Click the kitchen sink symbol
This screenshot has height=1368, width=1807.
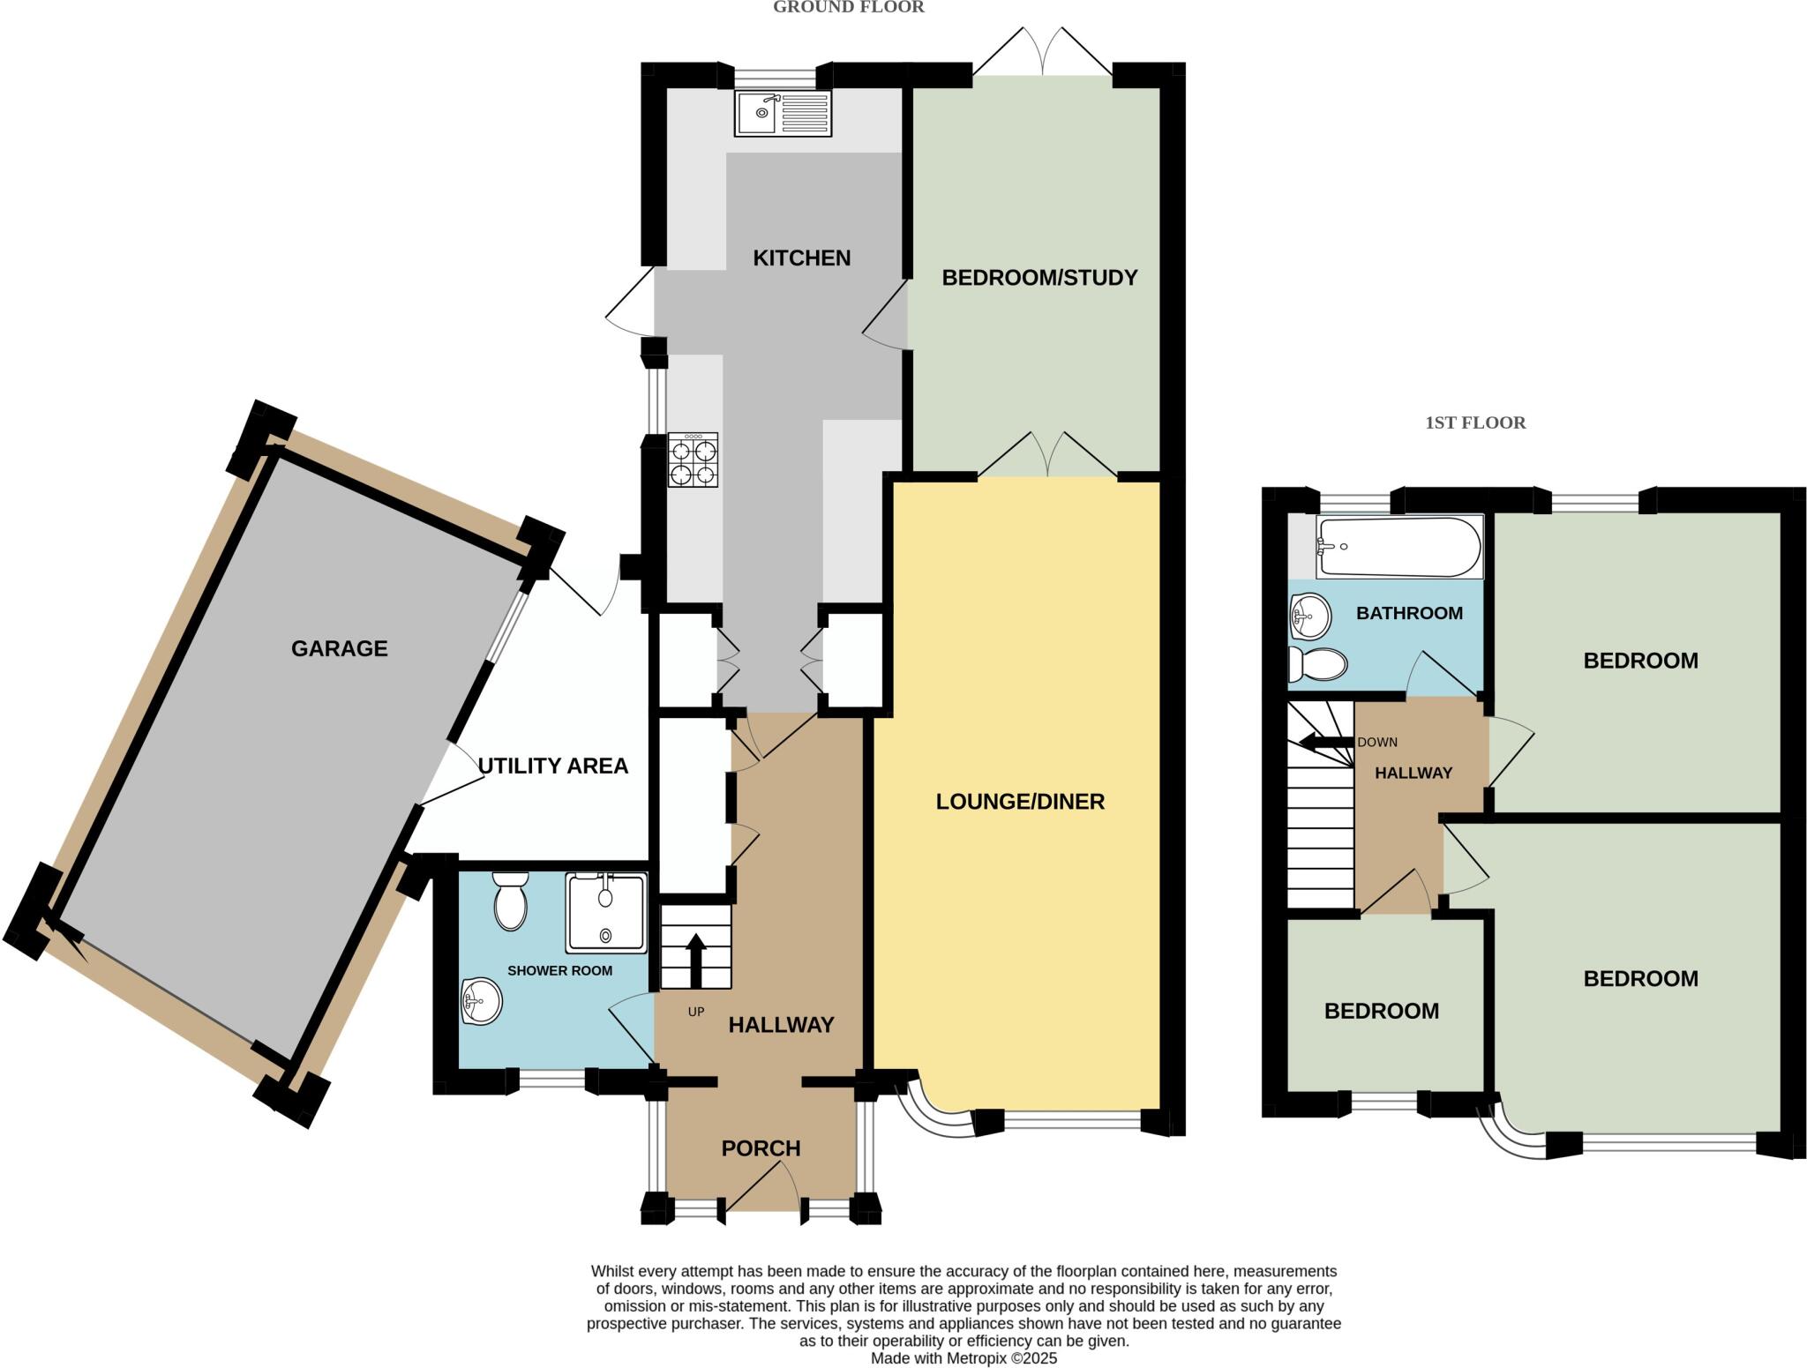[x=783, y=114]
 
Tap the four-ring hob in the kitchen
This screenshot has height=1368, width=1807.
[x=693, y=460]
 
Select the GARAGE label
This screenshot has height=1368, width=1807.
[x=340, y=649]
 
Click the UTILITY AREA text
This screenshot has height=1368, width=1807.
[x=553, y=766]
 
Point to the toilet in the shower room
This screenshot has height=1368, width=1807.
[x=510, y=901]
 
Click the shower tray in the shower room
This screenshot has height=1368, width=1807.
[x=606, y=913]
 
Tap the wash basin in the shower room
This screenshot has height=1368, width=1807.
[x=481, y=1001]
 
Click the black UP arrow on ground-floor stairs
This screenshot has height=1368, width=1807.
[x=695, y=960]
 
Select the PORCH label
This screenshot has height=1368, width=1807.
[x=761, y=1148]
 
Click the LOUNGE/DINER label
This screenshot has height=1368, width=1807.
[x=1020, y=802]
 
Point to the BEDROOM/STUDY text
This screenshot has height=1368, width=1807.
[x=1039, y=278]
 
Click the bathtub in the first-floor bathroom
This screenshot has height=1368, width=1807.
[x=1398, y=547]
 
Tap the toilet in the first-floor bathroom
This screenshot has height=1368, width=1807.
[x=1316, y=664]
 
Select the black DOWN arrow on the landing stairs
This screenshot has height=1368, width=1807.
[x=1324, y=742]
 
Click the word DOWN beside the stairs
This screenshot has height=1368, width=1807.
[x=1376, y=742]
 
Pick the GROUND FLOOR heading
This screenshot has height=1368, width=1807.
[x=848, y=8]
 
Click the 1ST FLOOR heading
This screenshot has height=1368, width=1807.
[x=1475, y=422]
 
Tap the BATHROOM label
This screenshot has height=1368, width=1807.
[x=1409, y=613]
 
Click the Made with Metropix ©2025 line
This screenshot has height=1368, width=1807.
[x=963, y=1358]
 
